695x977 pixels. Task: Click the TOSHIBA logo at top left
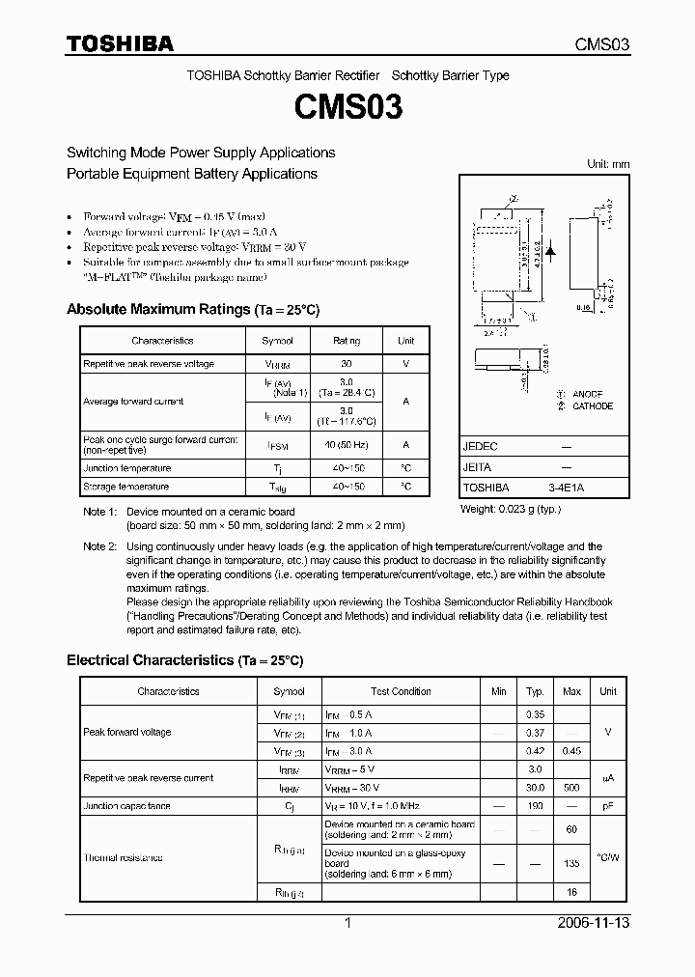coord(120,43)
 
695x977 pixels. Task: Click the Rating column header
coord(347,341)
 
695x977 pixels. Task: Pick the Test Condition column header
coord(401,691)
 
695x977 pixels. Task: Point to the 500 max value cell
coord(571,788)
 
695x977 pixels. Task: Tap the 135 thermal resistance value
coord(571,864)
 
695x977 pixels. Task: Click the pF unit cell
coord(607,805)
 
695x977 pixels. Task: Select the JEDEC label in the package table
coord(480,447)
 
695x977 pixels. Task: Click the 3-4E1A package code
coord(566,488)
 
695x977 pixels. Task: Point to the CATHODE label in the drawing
coord(592,405)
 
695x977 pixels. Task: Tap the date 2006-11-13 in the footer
coord(594,923)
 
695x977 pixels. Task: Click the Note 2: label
coord(99,546)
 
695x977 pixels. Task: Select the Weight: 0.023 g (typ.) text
coord(511,508)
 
